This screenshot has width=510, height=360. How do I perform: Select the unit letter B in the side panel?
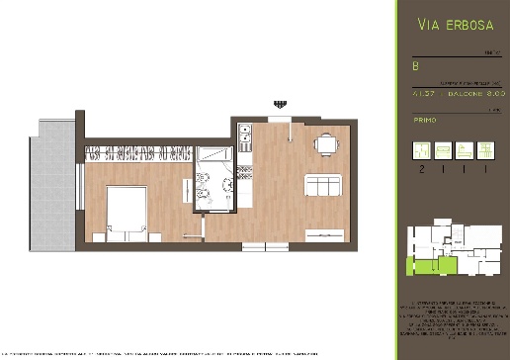tap(415, 65)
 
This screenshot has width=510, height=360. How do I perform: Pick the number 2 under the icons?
tap(421, 169)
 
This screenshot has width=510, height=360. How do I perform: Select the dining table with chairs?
tap(323, 144)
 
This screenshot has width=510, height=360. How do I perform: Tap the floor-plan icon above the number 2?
tap(421, 150)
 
